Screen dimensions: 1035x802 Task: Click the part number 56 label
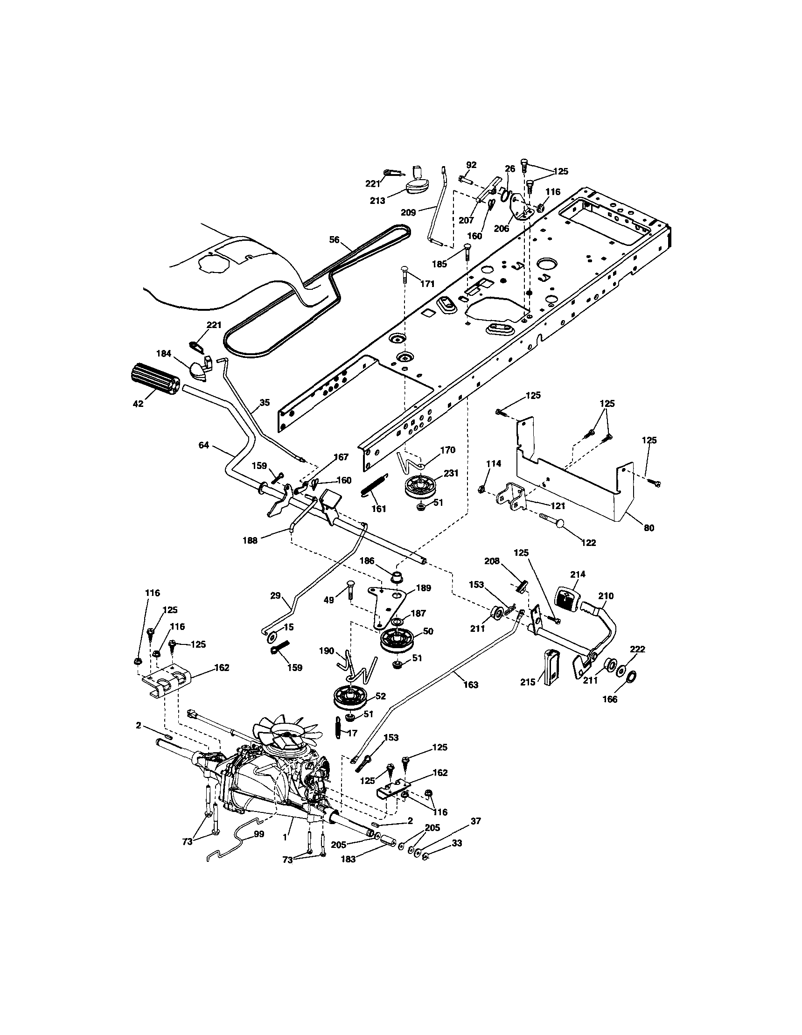click(335, 240)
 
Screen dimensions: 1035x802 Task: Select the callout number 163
click(471, 685)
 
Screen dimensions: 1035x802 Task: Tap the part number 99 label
click(258, 834)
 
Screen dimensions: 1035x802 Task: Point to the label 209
click(408, 213)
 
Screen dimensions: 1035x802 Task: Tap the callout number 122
click(588, 543)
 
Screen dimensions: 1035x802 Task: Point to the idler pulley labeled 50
click(398, 638)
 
